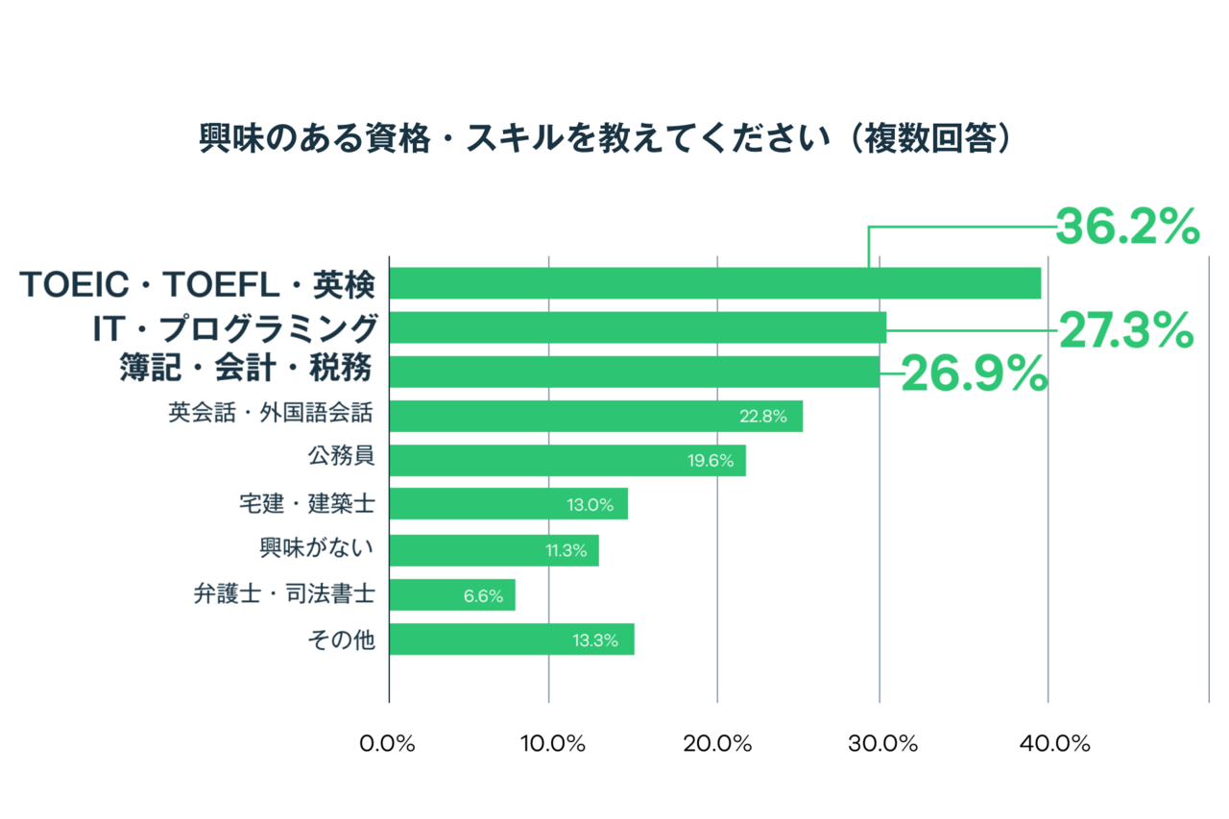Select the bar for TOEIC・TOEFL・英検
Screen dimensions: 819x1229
[x=714, y=283]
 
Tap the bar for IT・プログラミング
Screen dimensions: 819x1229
[x=638, y=327]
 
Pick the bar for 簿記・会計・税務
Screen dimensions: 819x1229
[x=634, y=372]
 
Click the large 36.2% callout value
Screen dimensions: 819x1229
[x=1127, y=228]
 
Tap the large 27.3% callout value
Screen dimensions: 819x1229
[x=1125, y=331]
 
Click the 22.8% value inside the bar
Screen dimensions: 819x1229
[x=763, y=417]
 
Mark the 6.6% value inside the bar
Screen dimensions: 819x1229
[x=483, y=595]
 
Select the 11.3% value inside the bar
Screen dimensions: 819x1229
[x=566, y=551]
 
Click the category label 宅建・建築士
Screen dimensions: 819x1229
[x=306, y=503]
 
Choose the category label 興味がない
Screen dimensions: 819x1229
[x=316, y=548]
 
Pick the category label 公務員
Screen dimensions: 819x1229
[x=341, y=458]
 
